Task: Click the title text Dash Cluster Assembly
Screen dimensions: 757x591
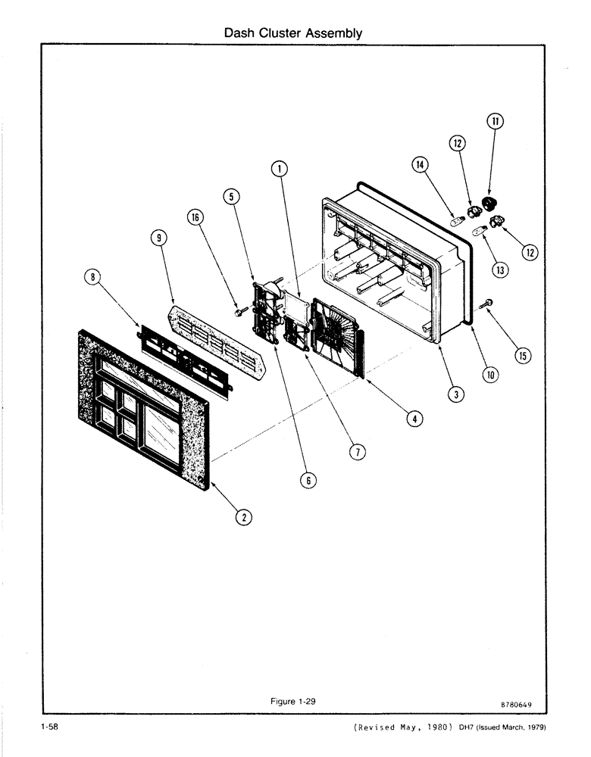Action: coord(293,33)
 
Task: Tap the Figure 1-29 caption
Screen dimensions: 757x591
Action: coord(292,701)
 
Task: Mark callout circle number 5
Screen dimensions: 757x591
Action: coord(232,196)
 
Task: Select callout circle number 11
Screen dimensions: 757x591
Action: coord(494,121)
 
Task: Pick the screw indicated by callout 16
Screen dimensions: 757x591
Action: coord(239,311)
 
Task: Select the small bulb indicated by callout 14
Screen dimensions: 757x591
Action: coord(458,223)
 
